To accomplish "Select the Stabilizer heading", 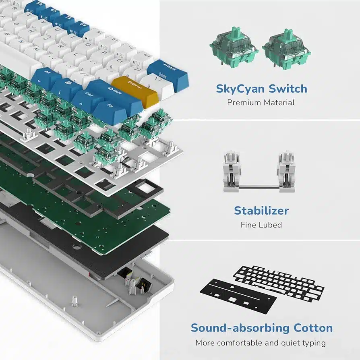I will coord(261,210).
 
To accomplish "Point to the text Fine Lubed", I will coord(261,225).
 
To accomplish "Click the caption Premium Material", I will coord(261,102).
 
